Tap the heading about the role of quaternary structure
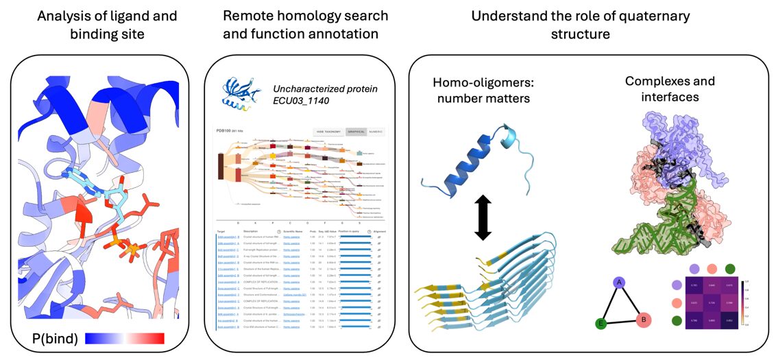click(580, 24)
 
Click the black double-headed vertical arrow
click(483, 215)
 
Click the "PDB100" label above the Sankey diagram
click(225, 131)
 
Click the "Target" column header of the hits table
click(221, 232)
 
